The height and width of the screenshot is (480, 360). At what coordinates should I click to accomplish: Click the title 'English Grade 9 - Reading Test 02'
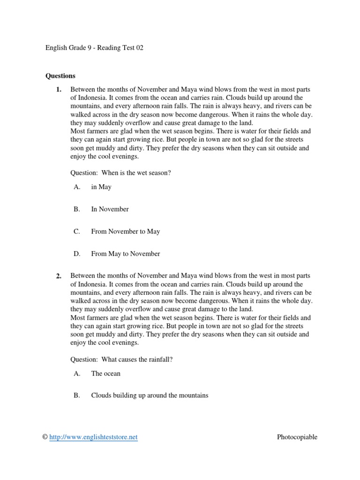94,48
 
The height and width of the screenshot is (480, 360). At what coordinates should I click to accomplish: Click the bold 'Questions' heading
60,75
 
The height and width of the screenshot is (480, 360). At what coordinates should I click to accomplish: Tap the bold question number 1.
59,89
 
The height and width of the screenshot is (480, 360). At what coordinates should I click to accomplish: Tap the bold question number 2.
59,277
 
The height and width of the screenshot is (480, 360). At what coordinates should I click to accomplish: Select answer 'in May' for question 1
101,187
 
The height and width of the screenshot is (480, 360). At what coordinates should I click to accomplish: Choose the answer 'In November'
110,209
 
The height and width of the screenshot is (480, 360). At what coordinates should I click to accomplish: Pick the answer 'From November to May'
125,232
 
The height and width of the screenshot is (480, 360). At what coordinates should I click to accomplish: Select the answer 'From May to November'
125,254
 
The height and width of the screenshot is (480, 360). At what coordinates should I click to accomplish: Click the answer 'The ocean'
105,374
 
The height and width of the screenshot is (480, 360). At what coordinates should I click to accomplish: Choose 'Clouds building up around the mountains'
150,396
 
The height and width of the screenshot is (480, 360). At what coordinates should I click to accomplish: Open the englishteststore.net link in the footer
93,437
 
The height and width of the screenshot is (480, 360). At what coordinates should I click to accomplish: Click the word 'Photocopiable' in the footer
297,437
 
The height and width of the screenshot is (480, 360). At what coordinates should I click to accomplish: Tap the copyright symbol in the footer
45,437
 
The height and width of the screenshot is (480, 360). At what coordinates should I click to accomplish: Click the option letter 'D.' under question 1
77,254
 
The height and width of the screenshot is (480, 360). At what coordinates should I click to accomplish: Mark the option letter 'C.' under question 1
77,232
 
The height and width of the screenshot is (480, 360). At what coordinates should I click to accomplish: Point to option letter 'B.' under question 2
77,396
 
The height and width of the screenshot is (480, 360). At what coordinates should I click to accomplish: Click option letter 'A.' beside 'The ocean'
77,374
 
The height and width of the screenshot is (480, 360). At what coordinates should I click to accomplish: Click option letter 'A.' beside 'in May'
77,187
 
